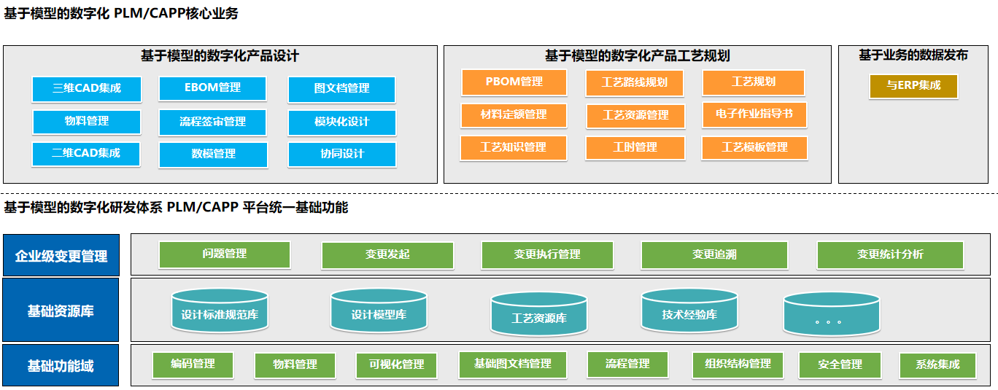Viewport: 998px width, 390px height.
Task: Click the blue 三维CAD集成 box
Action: tap(87, 89)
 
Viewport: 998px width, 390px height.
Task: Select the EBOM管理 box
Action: tap(212, 88)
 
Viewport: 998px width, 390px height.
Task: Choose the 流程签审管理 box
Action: tap(212, 122)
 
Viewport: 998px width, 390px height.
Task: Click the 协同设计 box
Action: tap(342, 155)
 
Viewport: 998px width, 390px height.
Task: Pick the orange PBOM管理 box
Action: tap(514, 82)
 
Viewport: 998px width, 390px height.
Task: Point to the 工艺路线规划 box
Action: tap(635, 83)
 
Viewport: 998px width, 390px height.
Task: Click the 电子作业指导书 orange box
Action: tap(754, 115)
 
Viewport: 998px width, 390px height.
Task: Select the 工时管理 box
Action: tap(635, 148)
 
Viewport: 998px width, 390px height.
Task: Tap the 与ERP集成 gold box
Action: tap(913, 86)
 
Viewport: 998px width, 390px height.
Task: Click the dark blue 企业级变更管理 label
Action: tap(61, 255)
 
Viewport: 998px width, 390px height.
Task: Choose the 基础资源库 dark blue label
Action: tap(61, 310)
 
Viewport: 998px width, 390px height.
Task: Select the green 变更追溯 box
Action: tap(714, 255)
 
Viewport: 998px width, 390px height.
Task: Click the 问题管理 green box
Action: tap(225, 254)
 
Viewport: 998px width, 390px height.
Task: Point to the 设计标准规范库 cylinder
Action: tap(220, 311)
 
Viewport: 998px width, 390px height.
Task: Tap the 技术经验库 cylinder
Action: tap(689, 311)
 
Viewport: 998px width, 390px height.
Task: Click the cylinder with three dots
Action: tap(832, 314)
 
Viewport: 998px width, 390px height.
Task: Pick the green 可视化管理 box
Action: tap(396, 365)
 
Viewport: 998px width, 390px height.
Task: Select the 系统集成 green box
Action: tap(937, 365)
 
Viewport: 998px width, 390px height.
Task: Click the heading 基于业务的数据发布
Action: tap(913, 55)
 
